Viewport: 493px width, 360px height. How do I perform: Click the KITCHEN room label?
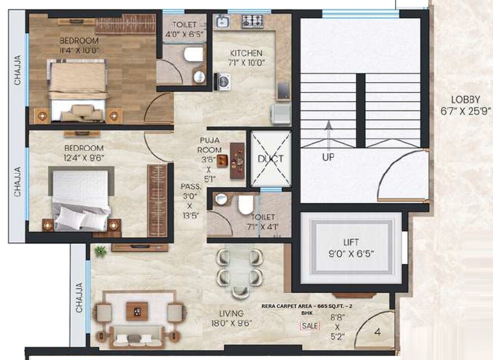pos(247,53)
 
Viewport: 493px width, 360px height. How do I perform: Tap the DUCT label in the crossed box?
pos(271,159)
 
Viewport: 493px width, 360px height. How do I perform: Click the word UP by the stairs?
pos(328,157)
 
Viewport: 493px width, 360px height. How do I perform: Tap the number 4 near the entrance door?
pos(378,332)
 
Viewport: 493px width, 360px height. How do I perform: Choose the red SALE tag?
pos(310,326)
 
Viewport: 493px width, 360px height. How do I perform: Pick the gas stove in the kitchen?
pos(252,21)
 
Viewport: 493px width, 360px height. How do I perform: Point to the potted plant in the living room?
pos(101,251)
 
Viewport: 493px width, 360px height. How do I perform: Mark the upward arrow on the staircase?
pos(328,133)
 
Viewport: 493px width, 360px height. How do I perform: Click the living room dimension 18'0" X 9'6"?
pos(231,324)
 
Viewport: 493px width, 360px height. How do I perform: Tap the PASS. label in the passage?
pos(191,186)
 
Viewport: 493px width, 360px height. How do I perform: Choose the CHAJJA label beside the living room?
pos(79,298)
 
